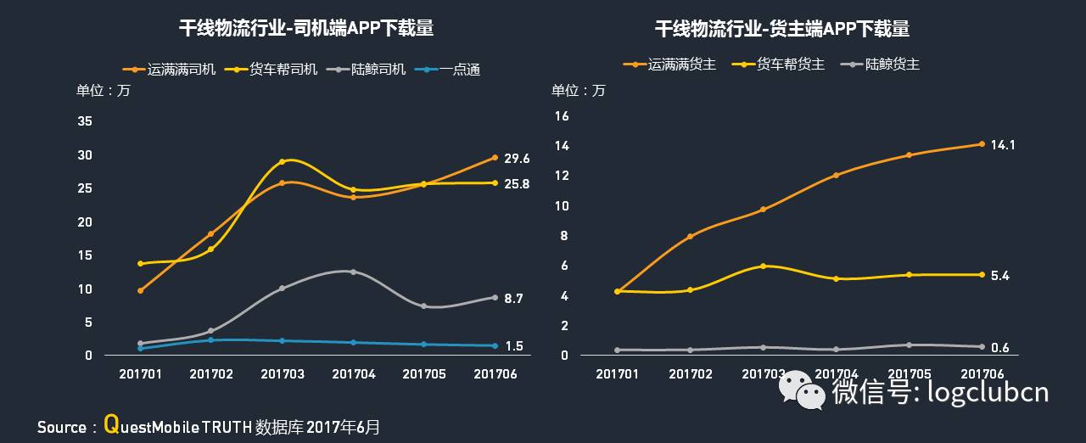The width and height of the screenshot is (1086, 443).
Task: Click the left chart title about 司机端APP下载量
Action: click(x=305, y=29)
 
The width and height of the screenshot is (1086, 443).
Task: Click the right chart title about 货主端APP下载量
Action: click(x=781, y=29)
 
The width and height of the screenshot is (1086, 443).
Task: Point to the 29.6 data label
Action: click(x=517, y=159)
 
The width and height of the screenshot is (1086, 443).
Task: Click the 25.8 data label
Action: click(x=517, y=183)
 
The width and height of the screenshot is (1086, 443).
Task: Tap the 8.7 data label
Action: click(x=513, y=299)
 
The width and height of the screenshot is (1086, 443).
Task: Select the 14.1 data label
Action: click(x=1002, y=145)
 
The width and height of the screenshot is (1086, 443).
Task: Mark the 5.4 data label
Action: click(x=999, y=276)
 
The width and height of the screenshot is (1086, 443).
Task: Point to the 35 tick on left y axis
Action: click(x=85, y=121)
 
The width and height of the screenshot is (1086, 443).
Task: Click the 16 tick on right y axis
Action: click(x=561, y=115)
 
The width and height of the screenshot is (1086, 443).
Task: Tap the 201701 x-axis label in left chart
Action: click(x=140, y=373)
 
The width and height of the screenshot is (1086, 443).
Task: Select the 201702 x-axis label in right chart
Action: click(x=690, y=373)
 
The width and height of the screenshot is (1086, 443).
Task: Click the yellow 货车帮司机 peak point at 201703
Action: click(x=282, y=161)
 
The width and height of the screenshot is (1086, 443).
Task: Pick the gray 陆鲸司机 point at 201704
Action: click(x=353, y=272)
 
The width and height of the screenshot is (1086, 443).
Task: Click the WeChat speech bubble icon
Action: click(x=802, y=389)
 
